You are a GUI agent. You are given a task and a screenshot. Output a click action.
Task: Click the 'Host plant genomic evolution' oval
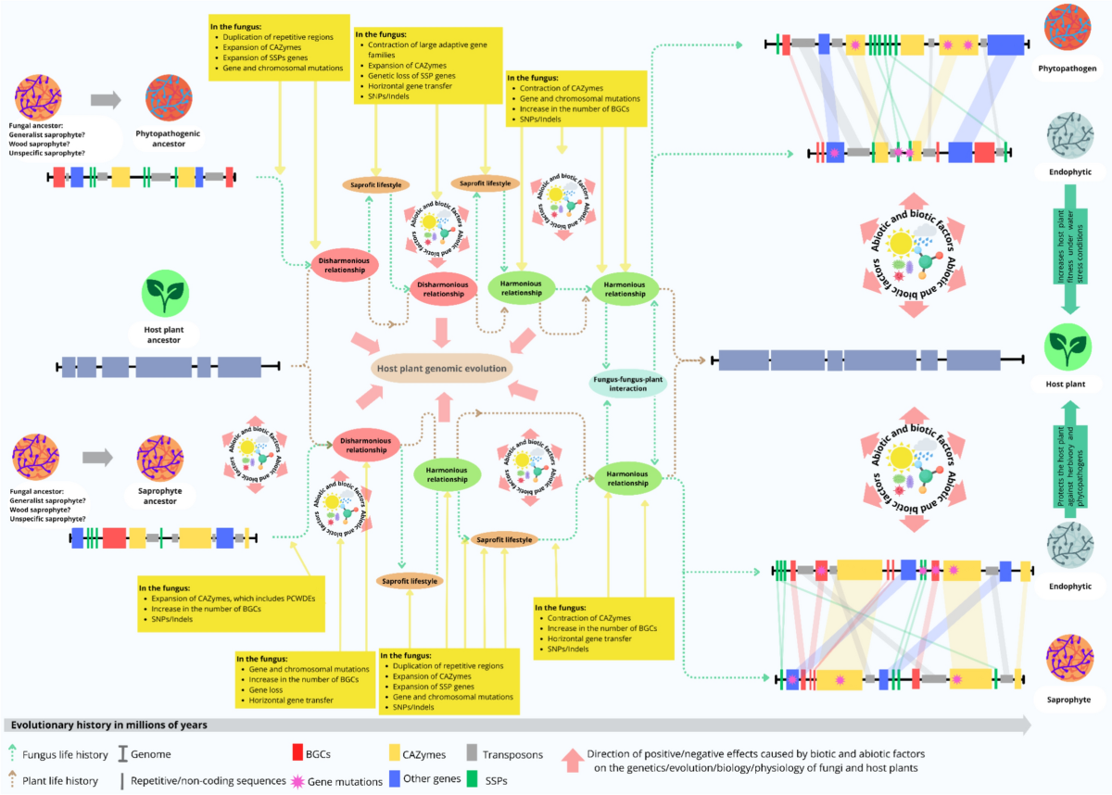(x=441, y=368)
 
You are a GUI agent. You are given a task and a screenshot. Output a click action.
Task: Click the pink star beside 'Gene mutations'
(x=298, y=781)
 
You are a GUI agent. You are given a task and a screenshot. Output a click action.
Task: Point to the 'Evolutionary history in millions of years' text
(x=107, y=725)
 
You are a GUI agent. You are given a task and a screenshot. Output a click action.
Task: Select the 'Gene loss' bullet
(x=270, y=691)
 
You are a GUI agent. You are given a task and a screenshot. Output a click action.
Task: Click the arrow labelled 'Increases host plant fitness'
(x=1068, y=247)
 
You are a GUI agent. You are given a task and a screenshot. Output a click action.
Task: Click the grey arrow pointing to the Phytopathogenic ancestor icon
(x=105, y=100)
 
